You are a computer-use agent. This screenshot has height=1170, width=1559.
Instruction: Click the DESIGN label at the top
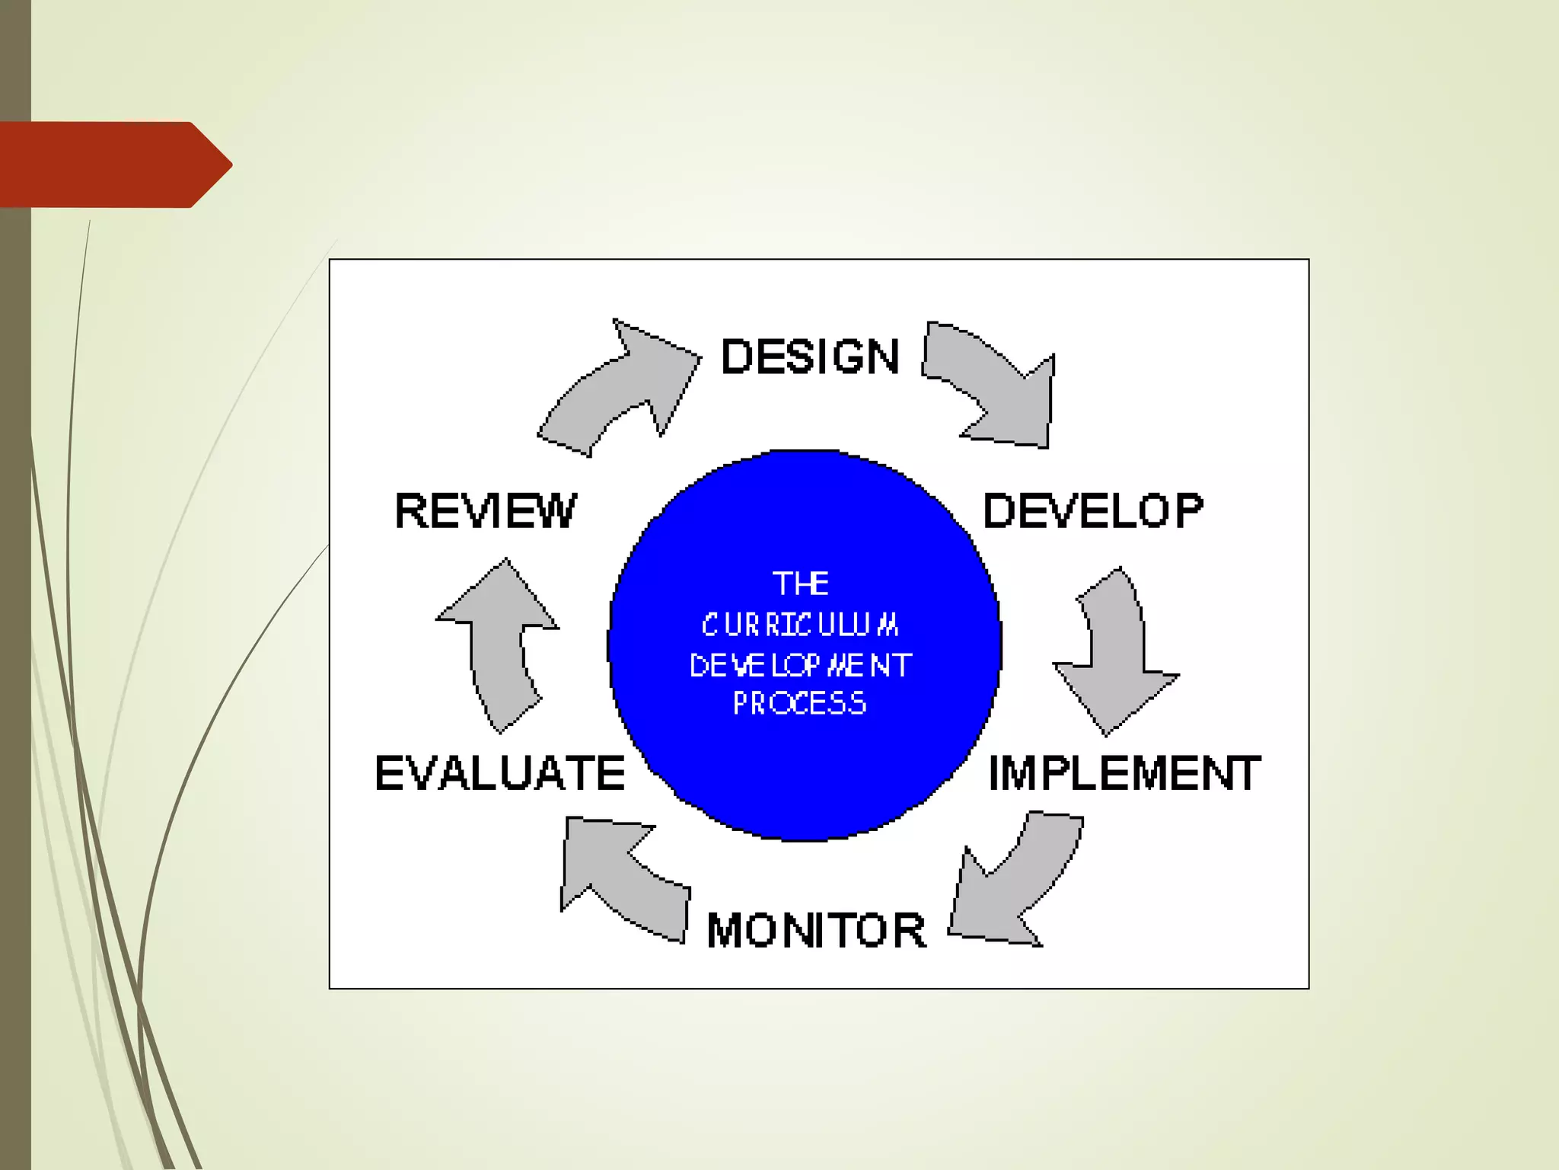[810, 356]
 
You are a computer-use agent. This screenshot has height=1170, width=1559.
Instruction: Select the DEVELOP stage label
[1093, 510]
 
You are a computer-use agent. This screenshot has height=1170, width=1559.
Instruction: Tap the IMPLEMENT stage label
[1124, 774]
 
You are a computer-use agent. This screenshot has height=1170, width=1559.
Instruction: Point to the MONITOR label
[816, 930]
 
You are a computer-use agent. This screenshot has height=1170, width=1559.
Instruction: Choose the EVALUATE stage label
[500, 774]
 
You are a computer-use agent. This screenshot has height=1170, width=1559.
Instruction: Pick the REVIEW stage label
[486, 510]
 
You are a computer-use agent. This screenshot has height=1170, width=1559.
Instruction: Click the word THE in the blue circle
[801, 584]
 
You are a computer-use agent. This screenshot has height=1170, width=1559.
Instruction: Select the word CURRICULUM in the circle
[800, 625]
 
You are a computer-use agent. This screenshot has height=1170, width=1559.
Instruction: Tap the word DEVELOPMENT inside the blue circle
[800, 666]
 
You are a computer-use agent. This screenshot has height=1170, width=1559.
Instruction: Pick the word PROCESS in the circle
[800, 703]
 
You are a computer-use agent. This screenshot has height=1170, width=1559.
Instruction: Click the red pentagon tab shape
[114, 165]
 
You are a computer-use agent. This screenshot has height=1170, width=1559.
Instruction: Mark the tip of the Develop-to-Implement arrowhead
[1106, 735]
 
